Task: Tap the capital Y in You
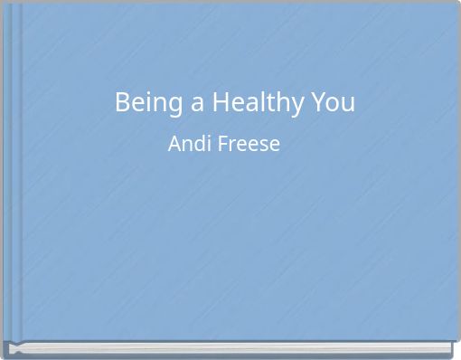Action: (x=317, y=103)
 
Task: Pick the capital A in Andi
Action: (x=174, y=144)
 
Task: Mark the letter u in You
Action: (x=347, y=105)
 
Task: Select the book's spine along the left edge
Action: (x=13, y=172)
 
